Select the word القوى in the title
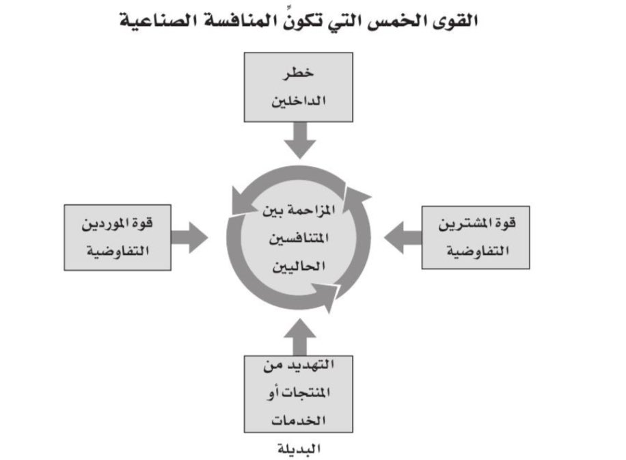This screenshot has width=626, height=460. pyautogui.click(x=452, y=21)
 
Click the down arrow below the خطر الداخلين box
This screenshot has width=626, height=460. pyautogui.click(x=299, y=141)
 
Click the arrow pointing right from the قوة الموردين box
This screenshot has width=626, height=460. pyautogui.click(x=189, y=237)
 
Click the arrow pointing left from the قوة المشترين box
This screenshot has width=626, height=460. pyautogui.click(x=403, y=237)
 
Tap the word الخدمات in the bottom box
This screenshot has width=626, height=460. pyautogui.click(x=299, y=419)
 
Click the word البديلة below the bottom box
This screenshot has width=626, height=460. pyautogui.click(x=299, y=449)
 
